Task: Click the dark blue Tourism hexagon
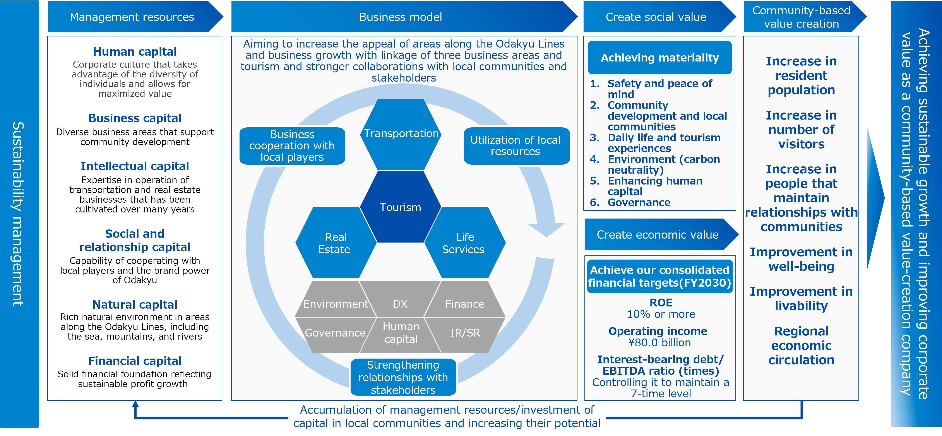[x=400, y=207]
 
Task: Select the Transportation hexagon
[x=401, y=135]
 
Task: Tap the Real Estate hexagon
[x=336, y=243]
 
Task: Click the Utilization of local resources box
[x=516, y=146]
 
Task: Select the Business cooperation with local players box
[x=292, y=146]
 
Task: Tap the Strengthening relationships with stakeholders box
[x=403, y=377]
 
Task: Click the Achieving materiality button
[x=660, y=58]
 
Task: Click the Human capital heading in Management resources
[x=135, y=51]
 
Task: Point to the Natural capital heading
[x=135, y=304]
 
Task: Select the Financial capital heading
[x=135, y=361]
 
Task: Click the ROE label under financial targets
[x=661, y=303]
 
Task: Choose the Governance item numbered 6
[x=639, y=202]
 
